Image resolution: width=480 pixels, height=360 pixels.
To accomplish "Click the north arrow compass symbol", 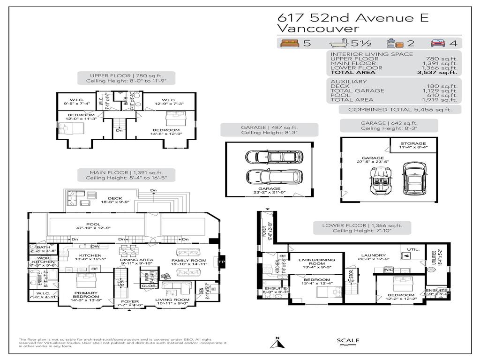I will tap(277, 344).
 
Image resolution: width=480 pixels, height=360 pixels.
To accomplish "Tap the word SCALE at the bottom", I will tap(348, 340).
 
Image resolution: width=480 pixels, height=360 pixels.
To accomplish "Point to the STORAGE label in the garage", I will tap(413, 143).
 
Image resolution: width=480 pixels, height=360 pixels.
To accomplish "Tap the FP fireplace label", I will tap(222, 260).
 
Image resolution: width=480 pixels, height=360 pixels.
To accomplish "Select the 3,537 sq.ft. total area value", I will tap(438, 73).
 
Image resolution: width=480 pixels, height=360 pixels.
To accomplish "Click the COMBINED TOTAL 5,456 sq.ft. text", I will tap(399, 109).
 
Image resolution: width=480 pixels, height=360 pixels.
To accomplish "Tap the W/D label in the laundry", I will tap(389, 270).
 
